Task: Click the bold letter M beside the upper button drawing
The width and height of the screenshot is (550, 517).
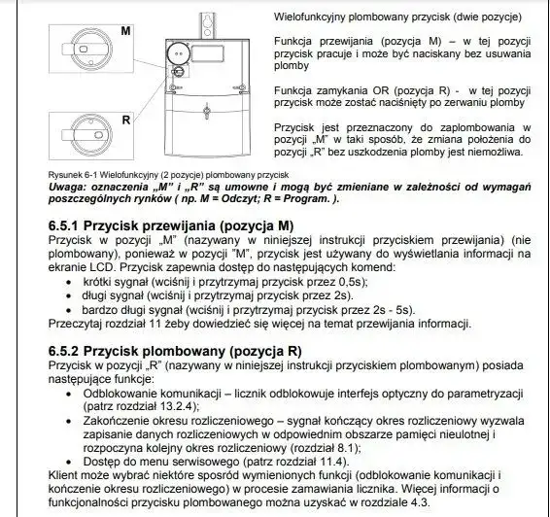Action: point(125,31)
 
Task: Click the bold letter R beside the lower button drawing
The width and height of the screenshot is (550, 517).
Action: point(125,120)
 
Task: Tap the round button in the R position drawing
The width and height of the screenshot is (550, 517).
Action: point(78,137)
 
